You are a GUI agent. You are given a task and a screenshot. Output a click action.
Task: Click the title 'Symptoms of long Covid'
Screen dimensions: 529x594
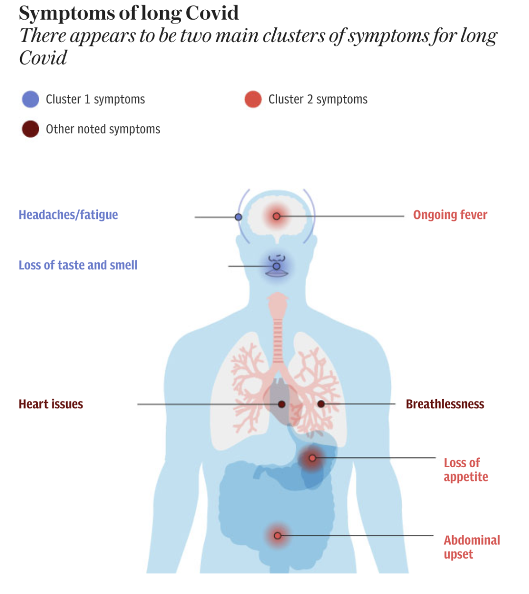pos(128,13)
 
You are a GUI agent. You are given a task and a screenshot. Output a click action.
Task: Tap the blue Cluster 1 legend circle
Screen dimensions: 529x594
pos(30,99)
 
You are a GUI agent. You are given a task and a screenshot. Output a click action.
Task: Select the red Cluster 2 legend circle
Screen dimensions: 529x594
pos(253,99)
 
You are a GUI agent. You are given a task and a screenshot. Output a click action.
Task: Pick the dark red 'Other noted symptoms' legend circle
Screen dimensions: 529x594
pos(30,129)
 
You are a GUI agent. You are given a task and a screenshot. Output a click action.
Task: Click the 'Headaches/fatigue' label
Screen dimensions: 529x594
pos(68,215)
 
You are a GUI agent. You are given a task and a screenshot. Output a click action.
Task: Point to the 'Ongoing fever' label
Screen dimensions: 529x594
pos(450,215)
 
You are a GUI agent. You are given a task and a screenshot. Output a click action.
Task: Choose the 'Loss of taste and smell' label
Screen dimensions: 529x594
pos(78,265)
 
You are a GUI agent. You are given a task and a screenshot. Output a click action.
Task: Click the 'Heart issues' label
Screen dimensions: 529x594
pos(51,404)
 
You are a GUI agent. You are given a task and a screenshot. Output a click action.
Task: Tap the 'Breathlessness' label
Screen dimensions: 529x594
pos(445,404)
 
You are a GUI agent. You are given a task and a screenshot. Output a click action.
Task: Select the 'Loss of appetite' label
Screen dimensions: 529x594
pos(465,470)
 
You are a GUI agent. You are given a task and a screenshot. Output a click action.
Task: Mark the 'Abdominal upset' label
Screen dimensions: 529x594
pos(471,547)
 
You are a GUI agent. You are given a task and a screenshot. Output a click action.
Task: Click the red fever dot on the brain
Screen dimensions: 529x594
pos(276,216)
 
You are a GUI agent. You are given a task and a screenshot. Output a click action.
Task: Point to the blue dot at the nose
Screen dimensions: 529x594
pos(276,266)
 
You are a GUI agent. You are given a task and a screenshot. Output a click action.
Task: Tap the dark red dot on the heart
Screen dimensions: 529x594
pos(282,404)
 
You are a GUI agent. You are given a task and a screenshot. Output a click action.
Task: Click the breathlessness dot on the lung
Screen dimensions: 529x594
pos(321,404)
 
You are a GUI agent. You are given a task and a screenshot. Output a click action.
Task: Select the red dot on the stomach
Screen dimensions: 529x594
pos(312,458)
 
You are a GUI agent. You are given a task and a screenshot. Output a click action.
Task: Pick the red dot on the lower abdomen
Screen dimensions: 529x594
pos(277,536)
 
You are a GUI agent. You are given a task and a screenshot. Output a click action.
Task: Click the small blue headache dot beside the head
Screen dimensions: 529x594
pos(239,217)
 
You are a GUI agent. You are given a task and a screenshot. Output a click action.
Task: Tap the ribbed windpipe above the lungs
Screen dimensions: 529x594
pos(278,338)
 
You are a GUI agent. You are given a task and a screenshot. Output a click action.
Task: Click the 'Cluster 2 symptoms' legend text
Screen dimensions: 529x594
pos(318,99)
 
